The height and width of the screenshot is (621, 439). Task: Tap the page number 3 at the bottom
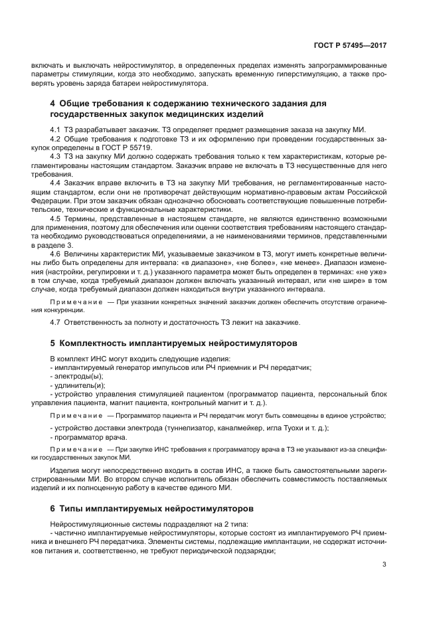click(x=385, y=565)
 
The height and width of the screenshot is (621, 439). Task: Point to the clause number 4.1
click(x=56, y=128)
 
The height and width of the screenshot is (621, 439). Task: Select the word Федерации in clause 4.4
click(x=50, y=199)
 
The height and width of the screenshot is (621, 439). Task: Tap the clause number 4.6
click(x=56, y=253)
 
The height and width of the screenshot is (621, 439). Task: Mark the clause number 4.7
click(x=56, y=322)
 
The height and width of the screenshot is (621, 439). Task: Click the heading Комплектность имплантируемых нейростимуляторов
click(x=178, y=343)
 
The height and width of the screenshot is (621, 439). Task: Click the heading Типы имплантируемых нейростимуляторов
click(x=156, y=509)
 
